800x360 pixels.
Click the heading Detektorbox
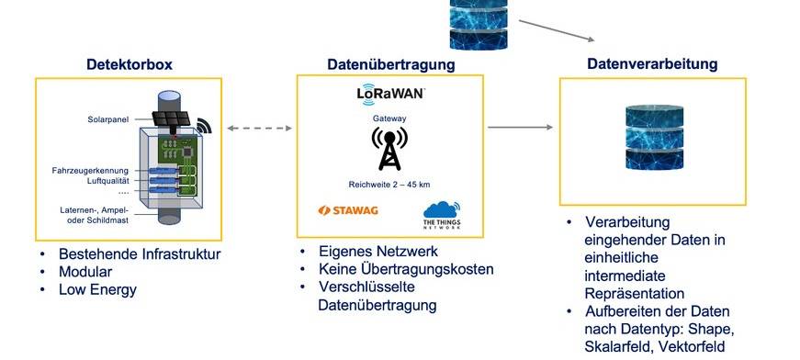point(130,64)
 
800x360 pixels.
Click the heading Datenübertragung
point(391,64)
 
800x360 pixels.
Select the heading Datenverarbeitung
point(652,64)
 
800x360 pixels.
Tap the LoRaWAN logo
point(390,93)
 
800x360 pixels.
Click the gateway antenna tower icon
point(389,148)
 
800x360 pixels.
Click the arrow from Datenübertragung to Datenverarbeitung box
point(520,128)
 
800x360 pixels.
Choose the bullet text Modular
point(85,272)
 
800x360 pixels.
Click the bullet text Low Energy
point(97,290)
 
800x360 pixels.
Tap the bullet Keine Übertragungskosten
point(407,269)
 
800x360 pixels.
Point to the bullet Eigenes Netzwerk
point(377,251)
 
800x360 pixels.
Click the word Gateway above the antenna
point(389,118)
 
